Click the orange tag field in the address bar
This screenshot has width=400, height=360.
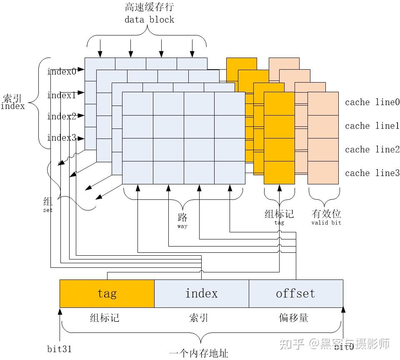click(107, 293)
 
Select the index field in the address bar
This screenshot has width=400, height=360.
click(202, 293)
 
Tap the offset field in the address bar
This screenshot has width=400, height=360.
click(296, 293)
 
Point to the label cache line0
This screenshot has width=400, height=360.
click(372, 102)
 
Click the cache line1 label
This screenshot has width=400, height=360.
click(372, 126)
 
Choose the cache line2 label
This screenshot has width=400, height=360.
click(372, 149)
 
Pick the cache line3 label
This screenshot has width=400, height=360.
click(372, 173)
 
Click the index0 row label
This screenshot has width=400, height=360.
click(62, 71)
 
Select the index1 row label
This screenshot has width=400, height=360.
click(62, 96)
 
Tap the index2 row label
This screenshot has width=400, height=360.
click(62, 116)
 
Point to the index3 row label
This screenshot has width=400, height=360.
click(62, 138)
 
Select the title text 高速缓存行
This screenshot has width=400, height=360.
click(149, 8)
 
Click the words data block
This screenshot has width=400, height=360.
click(149, 19)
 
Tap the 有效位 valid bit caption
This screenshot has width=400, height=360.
click(326, 217)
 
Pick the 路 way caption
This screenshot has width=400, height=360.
click(182, 220)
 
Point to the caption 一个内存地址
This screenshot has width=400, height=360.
click(199, 354)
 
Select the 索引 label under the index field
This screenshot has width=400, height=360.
click(199, 318)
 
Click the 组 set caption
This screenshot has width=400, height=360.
click(48, 204)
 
